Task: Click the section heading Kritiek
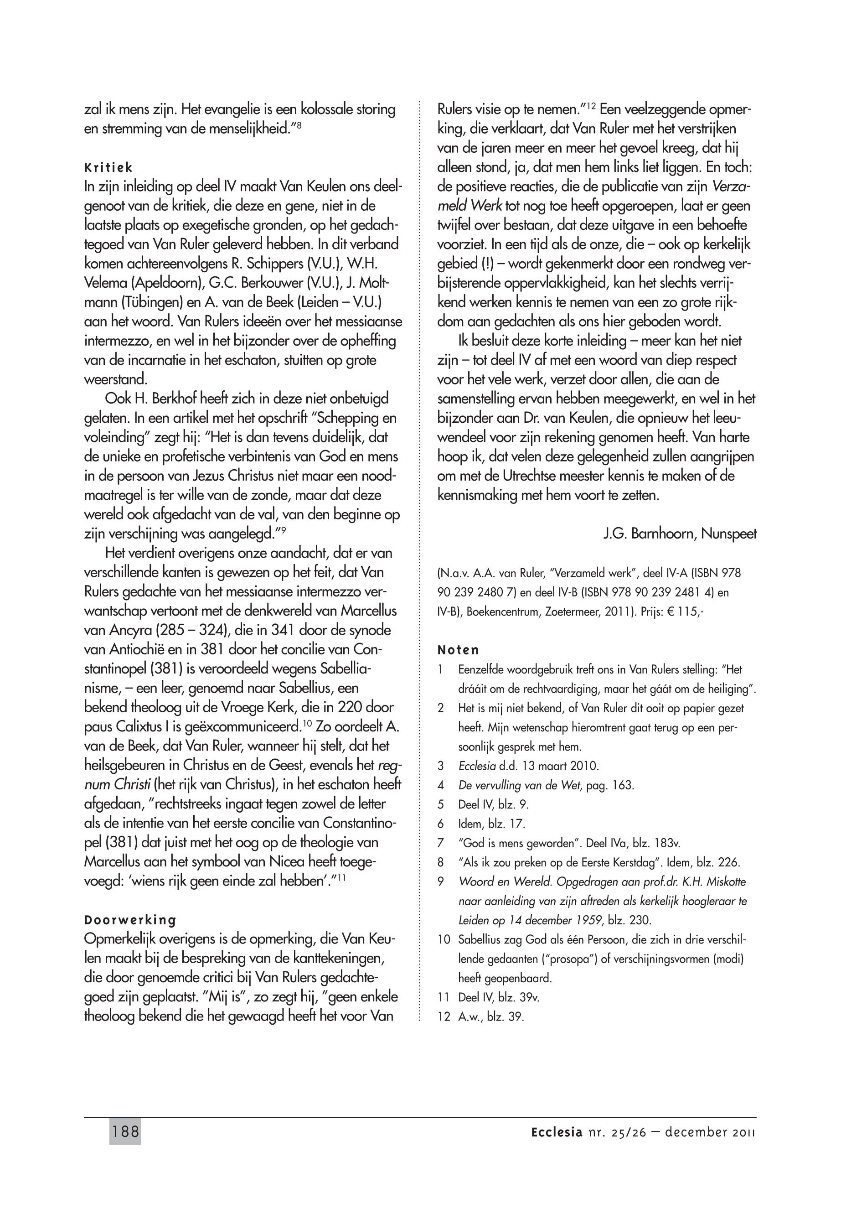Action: tap(108, 168)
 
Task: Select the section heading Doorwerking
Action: tap(129, 920)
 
